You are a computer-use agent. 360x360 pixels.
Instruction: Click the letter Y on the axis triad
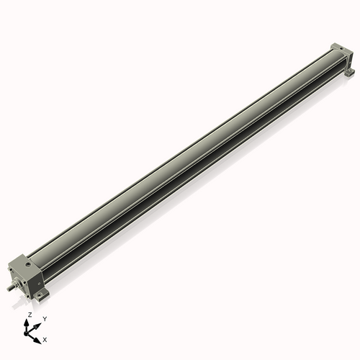pyautogui.click(x=44, y=318)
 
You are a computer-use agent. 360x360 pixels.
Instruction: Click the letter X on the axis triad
pyautogui.click(x=45, y=338)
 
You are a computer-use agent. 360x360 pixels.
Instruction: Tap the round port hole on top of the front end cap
pyautogui.click(x=29, y=266)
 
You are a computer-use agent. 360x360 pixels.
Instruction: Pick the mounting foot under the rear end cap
pyautogui.click(x=349, y=72)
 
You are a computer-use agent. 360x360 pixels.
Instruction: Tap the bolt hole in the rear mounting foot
pyautogui.click(x=351, y=72)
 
